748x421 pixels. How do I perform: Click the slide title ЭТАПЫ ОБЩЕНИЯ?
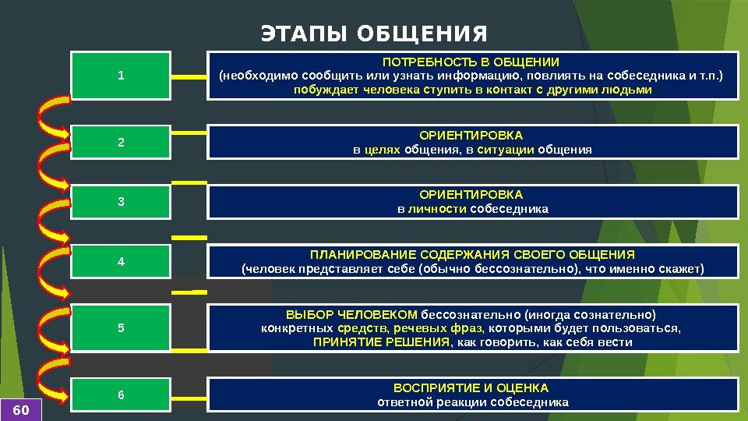click(374, 35)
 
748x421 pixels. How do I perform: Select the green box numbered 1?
click(121, 76)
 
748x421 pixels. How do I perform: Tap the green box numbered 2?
click(121, 143)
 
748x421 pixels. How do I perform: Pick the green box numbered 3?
click(121, 202)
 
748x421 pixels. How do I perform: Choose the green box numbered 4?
click(121, 262)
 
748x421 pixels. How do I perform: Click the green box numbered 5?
click(121, 327)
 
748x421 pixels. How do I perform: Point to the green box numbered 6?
click(121, 395)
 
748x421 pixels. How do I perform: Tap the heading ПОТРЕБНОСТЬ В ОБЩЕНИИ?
click(471, 62)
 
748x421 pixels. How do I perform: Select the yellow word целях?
click(383, 150)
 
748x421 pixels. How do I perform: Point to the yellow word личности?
click(437, 209)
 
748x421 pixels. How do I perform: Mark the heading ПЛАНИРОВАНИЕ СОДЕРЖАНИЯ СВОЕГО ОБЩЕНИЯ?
click(472, 255)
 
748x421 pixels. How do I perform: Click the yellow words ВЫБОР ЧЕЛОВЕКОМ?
click(352, 314)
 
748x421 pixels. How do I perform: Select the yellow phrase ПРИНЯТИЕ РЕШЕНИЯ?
click(382, 342)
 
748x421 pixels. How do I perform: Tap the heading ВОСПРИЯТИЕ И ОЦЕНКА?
click(471, 387)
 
